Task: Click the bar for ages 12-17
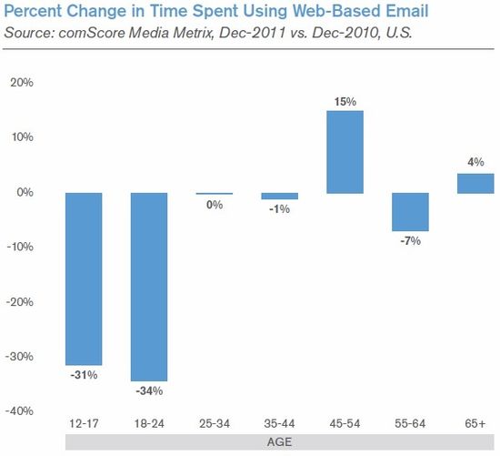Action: [x=84, y=279]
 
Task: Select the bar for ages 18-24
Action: [x=149, y=287]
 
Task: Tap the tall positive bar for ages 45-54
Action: [x=345, y=152]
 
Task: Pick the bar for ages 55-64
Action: [x=410, y=212]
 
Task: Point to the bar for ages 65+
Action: [x=475, y=183]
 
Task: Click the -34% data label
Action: [x=149, y=391]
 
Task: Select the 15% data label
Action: [x=345, y=100]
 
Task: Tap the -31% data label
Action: [x=84, y=375]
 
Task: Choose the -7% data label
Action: [x=410, y=242]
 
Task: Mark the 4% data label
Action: [x=475, y=163]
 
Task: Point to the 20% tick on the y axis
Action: [x=21, y=82]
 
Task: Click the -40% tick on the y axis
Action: [x=19, y=411]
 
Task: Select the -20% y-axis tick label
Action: [x=19, y=301]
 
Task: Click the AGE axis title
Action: [x=280, y=443]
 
